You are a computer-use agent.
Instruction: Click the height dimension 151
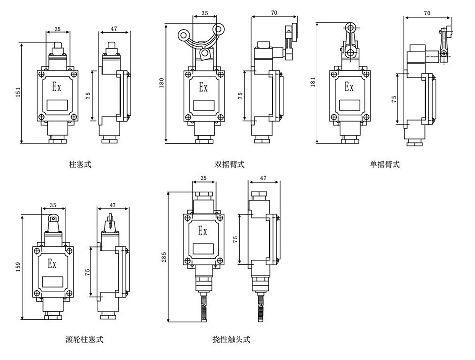click(18, 93)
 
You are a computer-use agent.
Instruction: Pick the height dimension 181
click(313, 81)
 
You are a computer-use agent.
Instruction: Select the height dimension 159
click(18, 267)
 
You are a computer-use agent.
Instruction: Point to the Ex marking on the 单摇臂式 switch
click(349, 87)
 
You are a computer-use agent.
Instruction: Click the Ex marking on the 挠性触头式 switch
click(202, 231)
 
